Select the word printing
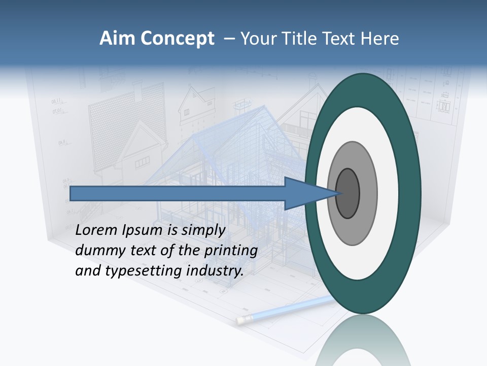[x=231, y=251]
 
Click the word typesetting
[x=144, y=271]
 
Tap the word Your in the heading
[x=258, y=39]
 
